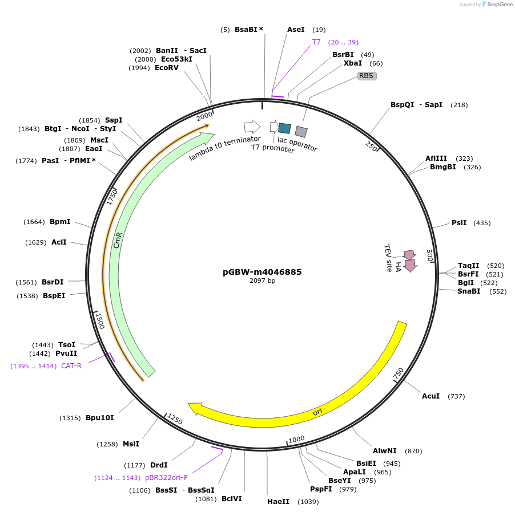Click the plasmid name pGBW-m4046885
click(262, 272)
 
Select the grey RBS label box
click(367, 76)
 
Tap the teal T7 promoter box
click(284, 128)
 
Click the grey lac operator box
click(301, 132)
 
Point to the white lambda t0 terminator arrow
click(252, 127)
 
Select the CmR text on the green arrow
click(118, 240)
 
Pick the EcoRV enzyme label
click(167, 68)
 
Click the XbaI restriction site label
click(353, 63)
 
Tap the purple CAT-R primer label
click(71, 365)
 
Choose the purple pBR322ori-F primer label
click(166, 478)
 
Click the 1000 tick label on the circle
click(296, 439)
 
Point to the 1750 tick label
click(112, 197)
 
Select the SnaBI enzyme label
click(469, 291)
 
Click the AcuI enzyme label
click(430, 396)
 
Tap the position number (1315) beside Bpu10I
click(70, 418)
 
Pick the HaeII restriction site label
click(278, 502)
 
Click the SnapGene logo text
click(500, 4)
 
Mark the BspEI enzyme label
click(54, 295)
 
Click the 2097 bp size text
click(262, 281)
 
